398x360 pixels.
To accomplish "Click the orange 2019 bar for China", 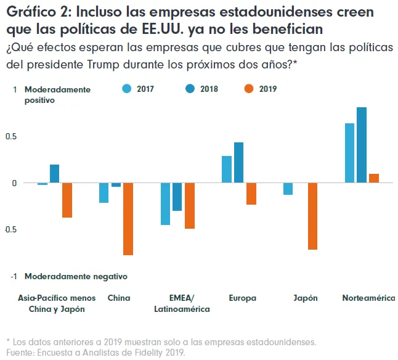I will click(128, 219).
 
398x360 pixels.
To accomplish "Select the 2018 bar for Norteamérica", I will click(362, 145).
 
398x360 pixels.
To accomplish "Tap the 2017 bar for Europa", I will click(227, 170).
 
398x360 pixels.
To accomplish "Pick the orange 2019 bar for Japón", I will click(313, 216).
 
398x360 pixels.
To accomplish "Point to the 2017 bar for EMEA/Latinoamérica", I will click(165, 204).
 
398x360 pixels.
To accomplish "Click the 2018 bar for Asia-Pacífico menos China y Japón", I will click(55, 174).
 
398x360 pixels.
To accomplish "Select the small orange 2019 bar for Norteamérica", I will click(374, 178).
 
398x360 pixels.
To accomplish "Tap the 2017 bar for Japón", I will click(288, 189).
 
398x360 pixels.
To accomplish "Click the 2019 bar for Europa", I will click(251, 194).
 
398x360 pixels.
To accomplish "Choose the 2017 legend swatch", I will click(128, 89).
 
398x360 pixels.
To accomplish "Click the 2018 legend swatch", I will click(190, 89).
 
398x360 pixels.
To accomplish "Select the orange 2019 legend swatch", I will click(249, 89).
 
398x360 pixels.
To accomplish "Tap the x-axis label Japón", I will click(306, 298).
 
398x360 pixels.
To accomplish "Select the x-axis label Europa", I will click(242, 298).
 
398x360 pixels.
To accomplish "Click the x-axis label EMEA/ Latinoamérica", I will click(182, 303).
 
